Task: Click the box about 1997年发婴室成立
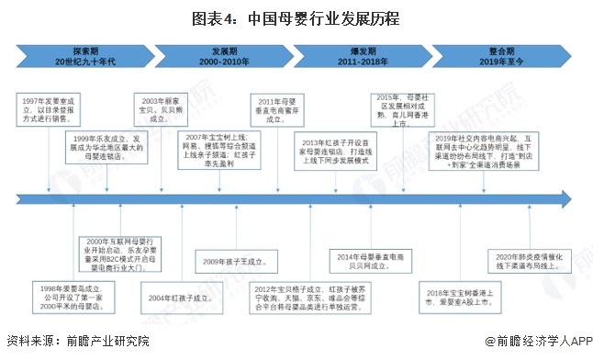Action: pyautogui.click(x=46, y=105)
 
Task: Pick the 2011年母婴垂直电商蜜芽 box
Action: pyautogui.click(x=280, y=109)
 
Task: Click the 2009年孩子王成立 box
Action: pyautogui.click(x=229, y=262)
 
